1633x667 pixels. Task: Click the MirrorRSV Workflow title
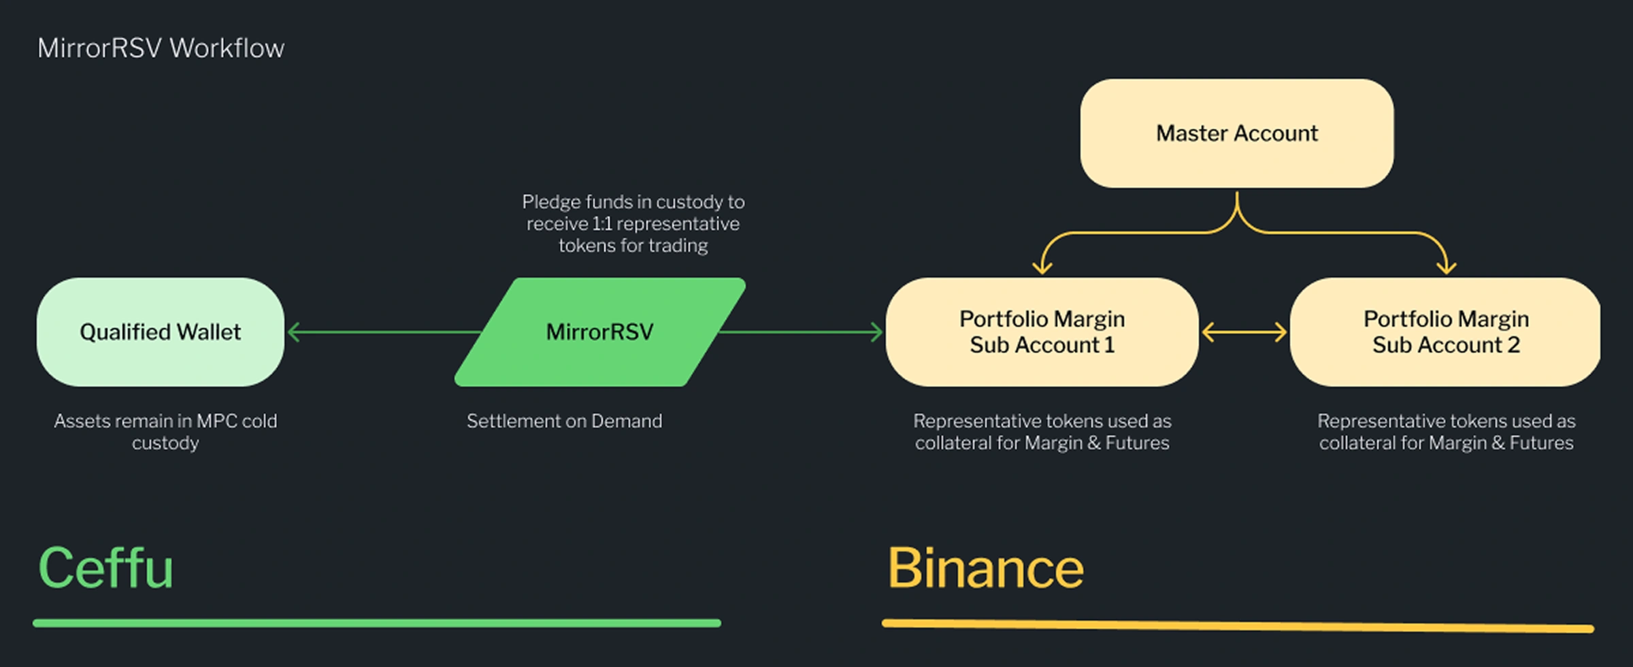[161, 48]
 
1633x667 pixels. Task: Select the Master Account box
[1236, 133]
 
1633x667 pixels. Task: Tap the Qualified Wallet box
[161, 332]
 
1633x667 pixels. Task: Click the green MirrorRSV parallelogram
[599, 332]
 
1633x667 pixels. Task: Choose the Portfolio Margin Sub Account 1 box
[1042, 332]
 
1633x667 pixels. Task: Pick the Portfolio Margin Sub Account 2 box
[1445, 332]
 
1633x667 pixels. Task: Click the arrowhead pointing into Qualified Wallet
[294, 332]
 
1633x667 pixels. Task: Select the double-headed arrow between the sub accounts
[1244, 332]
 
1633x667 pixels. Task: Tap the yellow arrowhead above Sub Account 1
[1042, 267]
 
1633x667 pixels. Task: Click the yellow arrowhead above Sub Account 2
[1446, 267]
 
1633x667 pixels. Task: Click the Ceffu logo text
[105, 568]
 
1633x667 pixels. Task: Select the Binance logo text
[985, 568]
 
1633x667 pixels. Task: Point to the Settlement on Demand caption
[564, 421]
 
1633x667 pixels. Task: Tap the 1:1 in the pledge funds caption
[602, 224]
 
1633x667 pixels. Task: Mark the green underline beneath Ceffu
[377, 623]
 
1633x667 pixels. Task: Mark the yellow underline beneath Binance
[1237, 625]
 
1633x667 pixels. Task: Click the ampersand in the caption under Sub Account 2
[1500, 443]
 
